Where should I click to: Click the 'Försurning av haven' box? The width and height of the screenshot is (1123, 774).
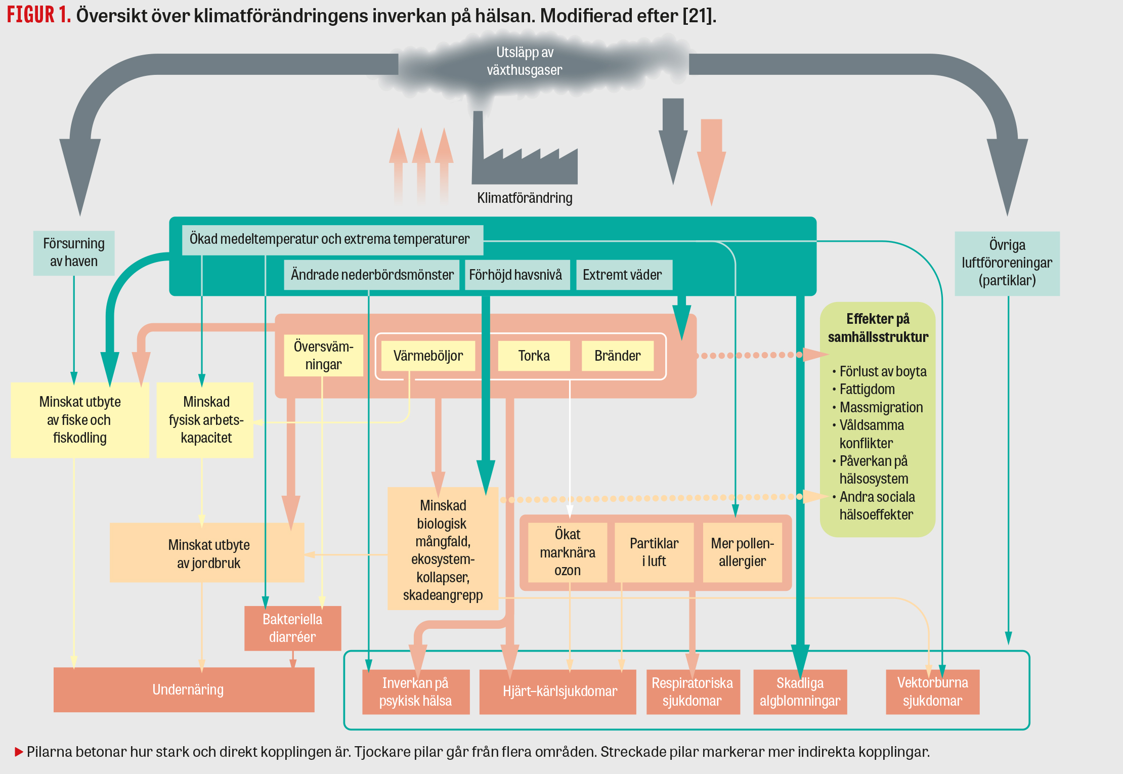[x=74, y=253]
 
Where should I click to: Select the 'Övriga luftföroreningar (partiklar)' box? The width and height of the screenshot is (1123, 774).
[x=1007, y=263]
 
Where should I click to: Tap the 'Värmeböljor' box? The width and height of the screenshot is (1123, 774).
[x=428, y=356]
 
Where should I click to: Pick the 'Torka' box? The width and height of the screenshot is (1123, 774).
[x=534, y=356]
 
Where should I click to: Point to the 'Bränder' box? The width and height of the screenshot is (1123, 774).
[x=617, y=356]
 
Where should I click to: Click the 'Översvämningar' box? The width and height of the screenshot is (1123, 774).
[x=323, y=355]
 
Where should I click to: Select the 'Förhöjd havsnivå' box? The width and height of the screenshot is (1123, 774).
[x=516, y=275]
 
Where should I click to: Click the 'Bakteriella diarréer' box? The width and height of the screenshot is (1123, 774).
[x=292, y=628]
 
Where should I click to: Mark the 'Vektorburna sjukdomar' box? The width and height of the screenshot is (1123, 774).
[x=932, y=692]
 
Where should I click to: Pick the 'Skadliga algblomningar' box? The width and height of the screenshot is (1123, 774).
[x=800, y=692]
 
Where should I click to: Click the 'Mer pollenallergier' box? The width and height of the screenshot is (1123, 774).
[x=742, y=552]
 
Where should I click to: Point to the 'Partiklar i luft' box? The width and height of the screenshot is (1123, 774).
[x=654, y=552]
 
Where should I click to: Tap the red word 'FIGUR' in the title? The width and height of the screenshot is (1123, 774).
[x=30, y=15]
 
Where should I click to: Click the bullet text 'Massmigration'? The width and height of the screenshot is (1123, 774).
[x=881, y=407]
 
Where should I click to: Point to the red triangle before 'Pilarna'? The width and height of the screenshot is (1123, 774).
[x=19, y=752]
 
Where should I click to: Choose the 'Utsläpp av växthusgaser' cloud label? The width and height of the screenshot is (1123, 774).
[x=524, y=61]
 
